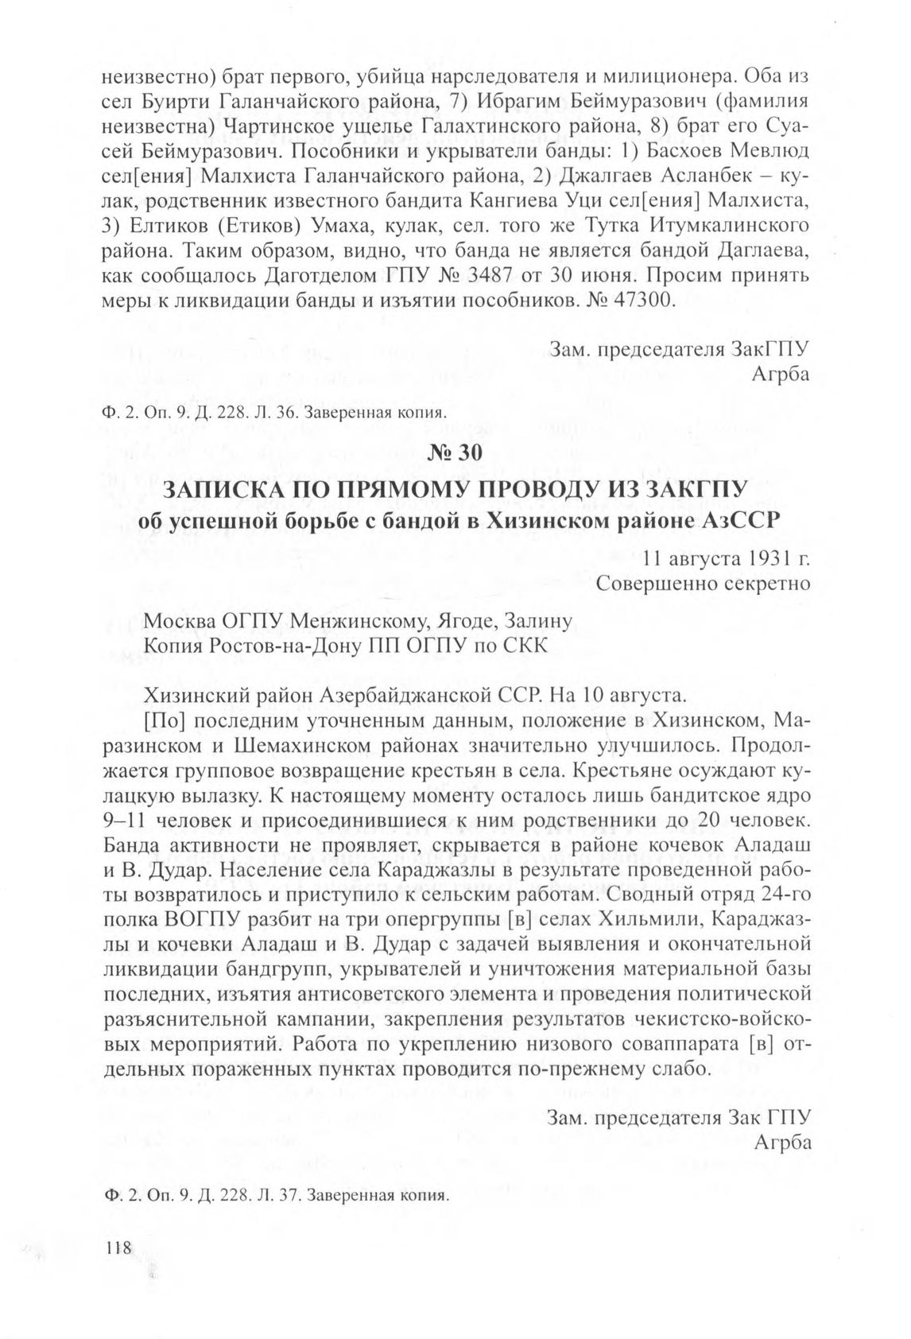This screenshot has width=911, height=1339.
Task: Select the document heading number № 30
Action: tap(455, 453)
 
